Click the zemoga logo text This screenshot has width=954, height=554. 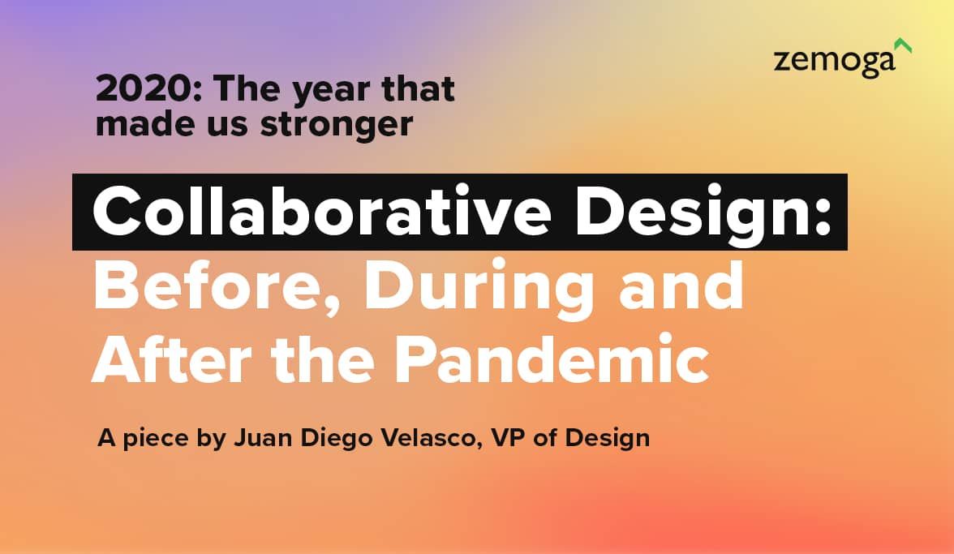[x=834, y=62]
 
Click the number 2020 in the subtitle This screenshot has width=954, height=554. [x=144, y=88]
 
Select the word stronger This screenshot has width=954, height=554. [x=337, y=125]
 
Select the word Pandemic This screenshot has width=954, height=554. [x=552, y=359]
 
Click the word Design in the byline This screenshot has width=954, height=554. [x=607, y=439]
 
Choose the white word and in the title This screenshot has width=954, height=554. [x=681, y=286]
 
